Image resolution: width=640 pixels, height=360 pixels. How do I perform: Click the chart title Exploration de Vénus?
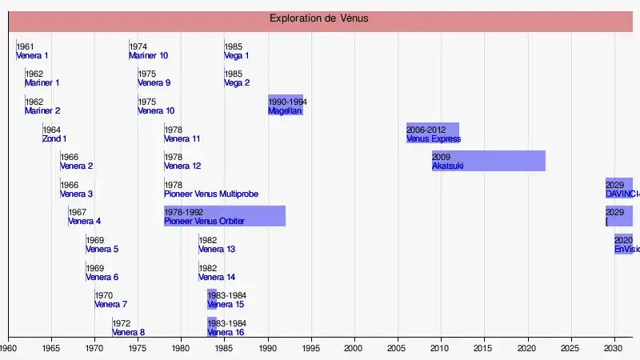318,18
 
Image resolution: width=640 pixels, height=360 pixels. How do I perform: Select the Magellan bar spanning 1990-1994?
286,105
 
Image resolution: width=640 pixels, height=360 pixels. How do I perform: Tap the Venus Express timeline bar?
433,133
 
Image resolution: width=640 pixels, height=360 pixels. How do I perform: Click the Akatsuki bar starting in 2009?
489,160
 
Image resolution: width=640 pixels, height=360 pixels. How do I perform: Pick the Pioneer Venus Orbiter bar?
225,215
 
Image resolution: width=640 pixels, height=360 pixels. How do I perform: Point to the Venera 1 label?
32,56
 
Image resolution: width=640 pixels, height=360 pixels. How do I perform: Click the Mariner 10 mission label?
148,56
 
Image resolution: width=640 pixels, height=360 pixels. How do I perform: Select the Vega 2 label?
237,83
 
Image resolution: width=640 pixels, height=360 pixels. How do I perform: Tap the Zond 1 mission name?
54,139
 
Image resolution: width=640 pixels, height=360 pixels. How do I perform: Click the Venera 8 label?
128,333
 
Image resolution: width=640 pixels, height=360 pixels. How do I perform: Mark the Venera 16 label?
226,333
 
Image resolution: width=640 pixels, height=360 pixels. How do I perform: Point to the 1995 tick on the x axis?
311,349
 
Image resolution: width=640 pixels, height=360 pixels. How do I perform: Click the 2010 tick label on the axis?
441,349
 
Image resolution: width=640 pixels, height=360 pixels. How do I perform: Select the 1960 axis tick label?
9,349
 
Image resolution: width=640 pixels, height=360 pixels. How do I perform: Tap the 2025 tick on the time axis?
570,349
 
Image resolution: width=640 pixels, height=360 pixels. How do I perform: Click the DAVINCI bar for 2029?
619,188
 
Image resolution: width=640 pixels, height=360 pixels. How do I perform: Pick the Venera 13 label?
217,250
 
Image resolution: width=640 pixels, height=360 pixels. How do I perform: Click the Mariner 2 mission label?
42,111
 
